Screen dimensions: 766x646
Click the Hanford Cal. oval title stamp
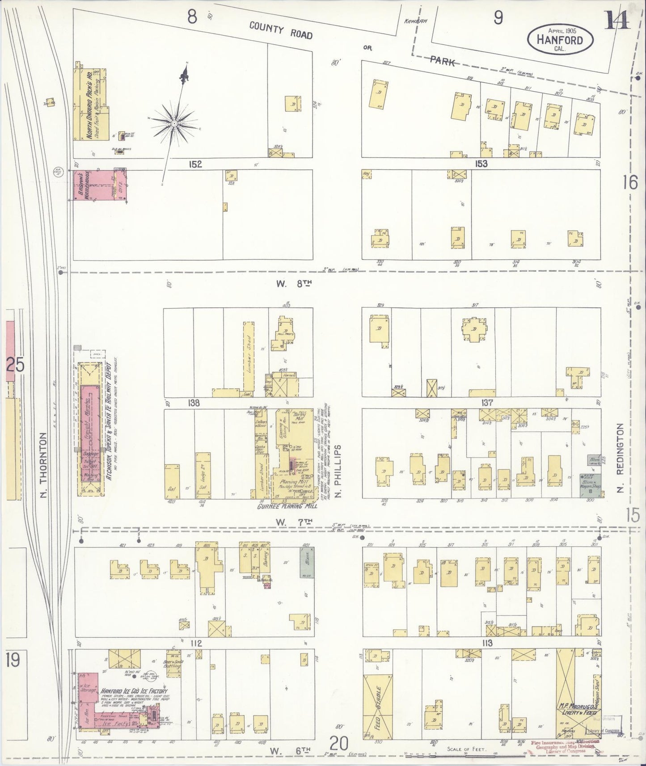point(561,39)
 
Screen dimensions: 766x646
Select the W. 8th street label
point(293,283)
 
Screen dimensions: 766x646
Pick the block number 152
point(195,164)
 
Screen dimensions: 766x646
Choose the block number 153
point(481,164)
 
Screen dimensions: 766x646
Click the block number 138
point(194,403)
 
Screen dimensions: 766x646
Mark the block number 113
point(487,643)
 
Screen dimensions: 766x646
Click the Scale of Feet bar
point(465,754)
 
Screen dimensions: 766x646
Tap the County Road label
point(280,31)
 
